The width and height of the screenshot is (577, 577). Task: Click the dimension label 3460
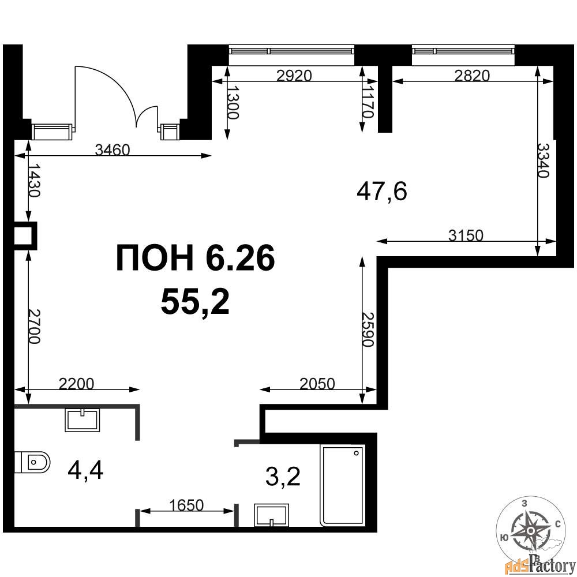click(x=113, y=150)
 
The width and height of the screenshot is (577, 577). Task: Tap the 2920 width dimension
click(x=294, y=76)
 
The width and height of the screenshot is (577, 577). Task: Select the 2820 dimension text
click(x=472, y=76)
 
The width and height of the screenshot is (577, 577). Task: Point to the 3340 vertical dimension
click(x=543, y=160)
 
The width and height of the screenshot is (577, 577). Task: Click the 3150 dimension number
click(x=466, y=235)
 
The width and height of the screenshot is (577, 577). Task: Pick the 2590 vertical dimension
click(x=368, y=329)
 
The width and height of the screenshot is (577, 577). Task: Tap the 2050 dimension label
click(x=317, y=384)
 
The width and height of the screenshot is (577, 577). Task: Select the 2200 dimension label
click(x=77, y=384)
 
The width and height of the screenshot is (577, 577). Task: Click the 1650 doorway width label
click(x=186, y=505)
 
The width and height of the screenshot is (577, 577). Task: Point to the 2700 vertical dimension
click(x=33, y=327)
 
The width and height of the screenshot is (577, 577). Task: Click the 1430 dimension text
click(x=33, y=181)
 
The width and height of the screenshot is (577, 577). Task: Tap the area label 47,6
click(x=382, y=192)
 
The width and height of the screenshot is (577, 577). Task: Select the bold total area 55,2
click(x=195, y=302)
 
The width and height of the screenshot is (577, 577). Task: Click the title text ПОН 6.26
click(x=196, y=258)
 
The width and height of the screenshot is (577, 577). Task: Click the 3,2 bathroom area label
click(x=283, y=476)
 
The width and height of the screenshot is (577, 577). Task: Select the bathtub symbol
click(x=343, y=485)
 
